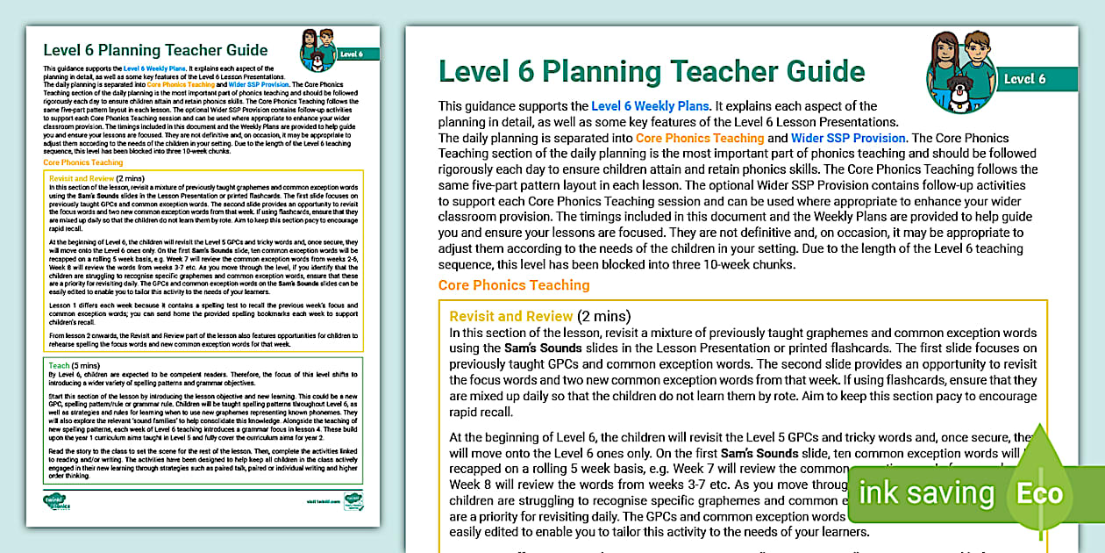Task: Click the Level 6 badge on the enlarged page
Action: pyautogui.click(x=1024, y=79)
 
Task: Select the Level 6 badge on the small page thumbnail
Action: pyautogui.click(x=353, y=54)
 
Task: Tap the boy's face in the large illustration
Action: pyautogui.click(x=980, y=48)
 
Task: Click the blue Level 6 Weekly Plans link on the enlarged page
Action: pyautogui.click(x=649, y=106)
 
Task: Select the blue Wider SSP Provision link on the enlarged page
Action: pyautogui.click(x=848, y=138)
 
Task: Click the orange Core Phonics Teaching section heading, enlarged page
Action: pyautogui.click(x=514, y=285)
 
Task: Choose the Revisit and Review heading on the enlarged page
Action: pyautogui.click(x=511, y=316)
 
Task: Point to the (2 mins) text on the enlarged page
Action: pyautogui.click(x=604, y=316)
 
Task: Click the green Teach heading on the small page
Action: pyautogui.click(x=60, y=365)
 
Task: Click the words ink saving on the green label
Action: pyautogui.click(x=926, y=493)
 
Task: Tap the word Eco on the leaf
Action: pyautogui.click(x=1039, y=492)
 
